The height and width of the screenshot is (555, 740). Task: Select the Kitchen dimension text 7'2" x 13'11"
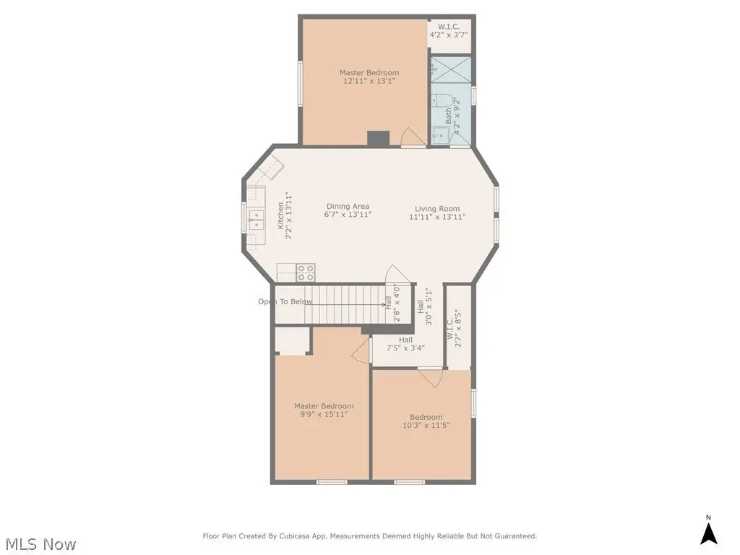pyautogui.click(x=289, y=215)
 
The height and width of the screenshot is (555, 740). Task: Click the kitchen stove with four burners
pyautogui.click(x=306, y=272)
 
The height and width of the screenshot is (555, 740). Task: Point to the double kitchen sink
pyautogui.click(x=257, y=220)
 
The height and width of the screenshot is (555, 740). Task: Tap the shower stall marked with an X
pyautogui.click(x=451, y=70)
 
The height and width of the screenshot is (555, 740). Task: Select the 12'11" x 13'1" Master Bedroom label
pyautogui.click(x=369, y=77)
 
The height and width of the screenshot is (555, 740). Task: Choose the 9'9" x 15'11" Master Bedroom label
pyautogui.click(x=324, y=410)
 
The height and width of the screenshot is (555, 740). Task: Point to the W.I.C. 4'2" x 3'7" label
pyautogui.click(x=448, y=30)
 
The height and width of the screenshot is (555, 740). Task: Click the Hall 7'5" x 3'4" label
pyautogui.click(x=405, y=343)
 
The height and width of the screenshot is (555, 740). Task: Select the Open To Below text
pyautogui.click(x=285, y=301)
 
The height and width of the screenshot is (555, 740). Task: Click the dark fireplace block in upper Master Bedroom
pyautogui.click(x=379, y=138)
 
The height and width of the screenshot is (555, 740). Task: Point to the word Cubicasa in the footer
pyautogui.click(x=293, y=536)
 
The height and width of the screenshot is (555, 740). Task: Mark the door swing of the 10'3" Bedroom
pyautogui.click(x=430, y=377)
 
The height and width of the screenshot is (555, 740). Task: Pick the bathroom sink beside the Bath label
pyautogui.click(x=440, y=135)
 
